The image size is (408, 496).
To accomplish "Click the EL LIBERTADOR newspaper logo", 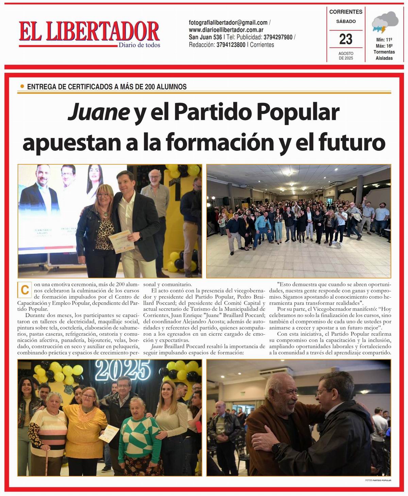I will [89, 32].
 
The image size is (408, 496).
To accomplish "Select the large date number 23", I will [346, 39].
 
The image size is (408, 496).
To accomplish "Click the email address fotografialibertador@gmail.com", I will [228, 23].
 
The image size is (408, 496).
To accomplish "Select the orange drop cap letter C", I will [24, 290].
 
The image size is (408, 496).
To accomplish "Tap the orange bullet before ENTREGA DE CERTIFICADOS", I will [22, 86].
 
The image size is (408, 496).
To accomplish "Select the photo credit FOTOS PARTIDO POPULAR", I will [378, 480].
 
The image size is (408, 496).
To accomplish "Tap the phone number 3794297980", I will [278, 37].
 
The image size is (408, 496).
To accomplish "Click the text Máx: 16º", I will [384, 46].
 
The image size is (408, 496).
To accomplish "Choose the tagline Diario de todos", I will [139, 45].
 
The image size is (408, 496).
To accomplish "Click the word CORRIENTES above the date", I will [346, 12].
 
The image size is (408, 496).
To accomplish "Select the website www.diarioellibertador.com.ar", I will [226, 30].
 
